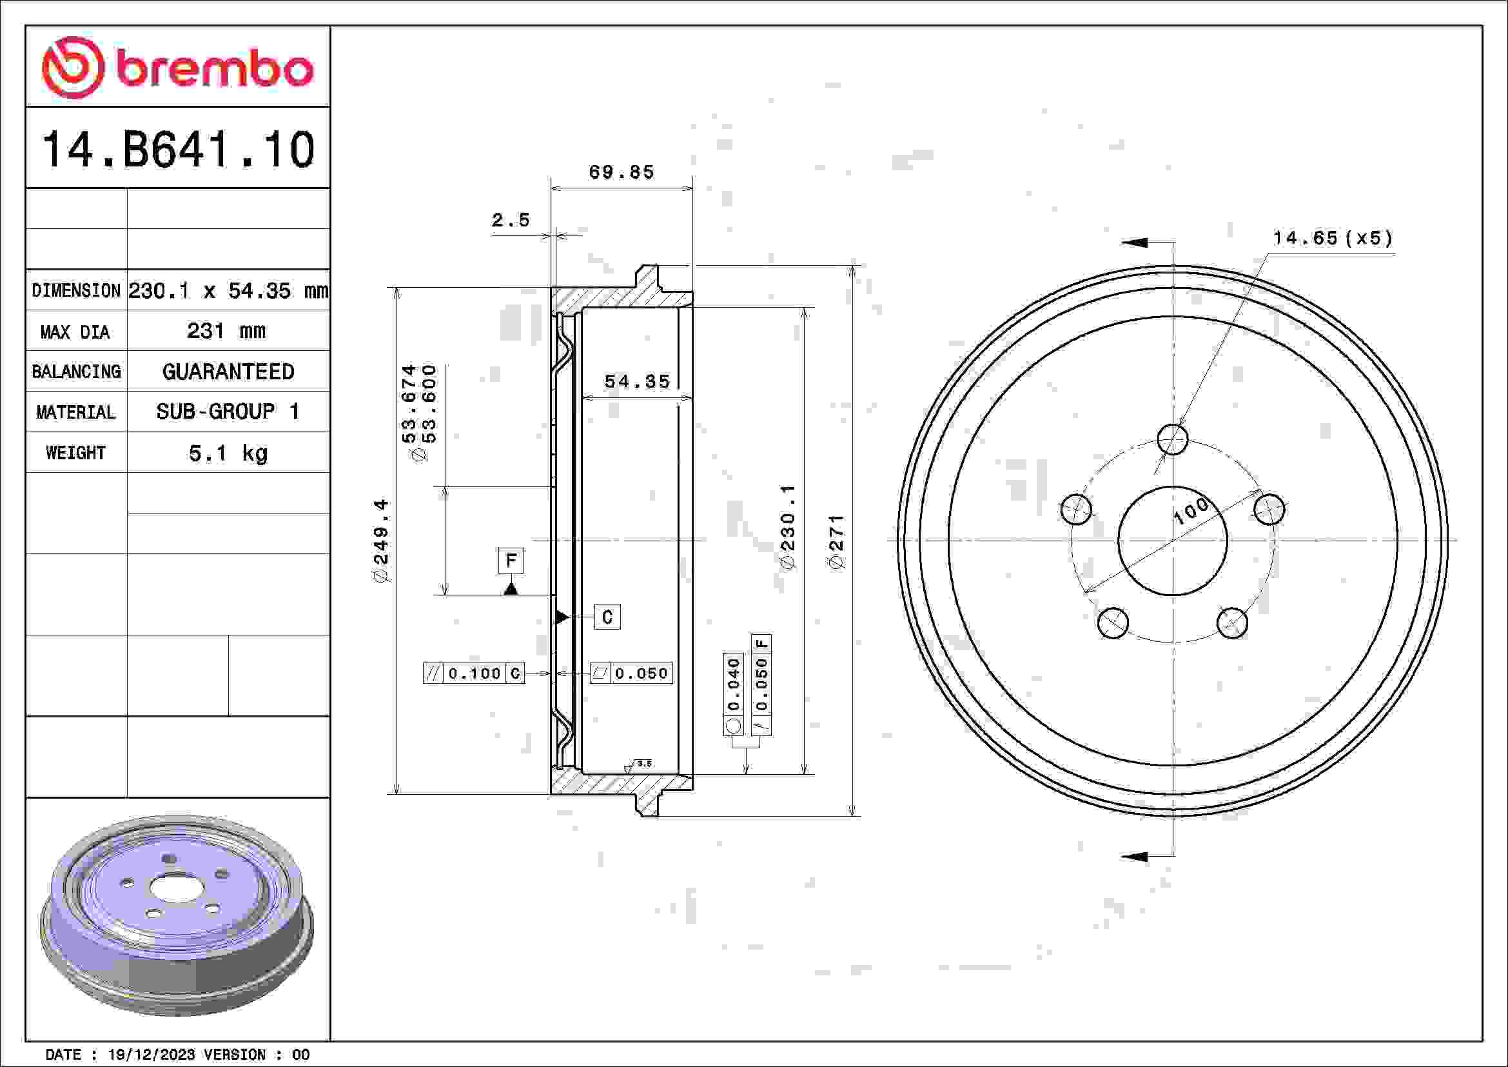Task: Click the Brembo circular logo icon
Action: [x=73, y=68]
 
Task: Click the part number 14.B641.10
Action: [x=178, y=150]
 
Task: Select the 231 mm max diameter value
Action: [x=226, y=330]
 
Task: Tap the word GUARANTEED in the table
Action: [x=228, y=372]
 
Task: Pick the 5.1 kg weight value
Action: [x=228, y=453]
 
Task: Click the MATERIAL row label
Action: [x=75, y=413]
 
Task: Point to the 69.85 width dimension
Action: [x=622, y=172]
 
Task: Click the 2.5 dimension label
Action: [x=511, y=220]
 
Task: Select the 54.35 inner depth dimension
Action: [x=636, y=382]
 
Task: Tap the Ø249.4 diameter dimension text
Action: [x=382, y=540]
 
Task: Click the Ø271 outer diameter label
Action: [x=836, y=543]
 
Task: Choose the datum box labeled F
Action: [x=511, y=561]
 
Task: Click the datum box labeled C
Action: [x=607, y=617]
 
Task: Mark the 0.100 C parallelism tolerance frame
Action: [x=474, y=673]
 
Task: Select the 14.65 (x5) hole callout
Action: [x=1333, y=238]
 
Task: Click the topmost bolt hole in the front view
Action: [x=1172, y=439]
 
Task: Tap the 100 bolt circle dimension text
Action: [x=1190, y=510]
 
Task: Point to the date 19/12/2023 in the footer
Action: [x=151, y=1055]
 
